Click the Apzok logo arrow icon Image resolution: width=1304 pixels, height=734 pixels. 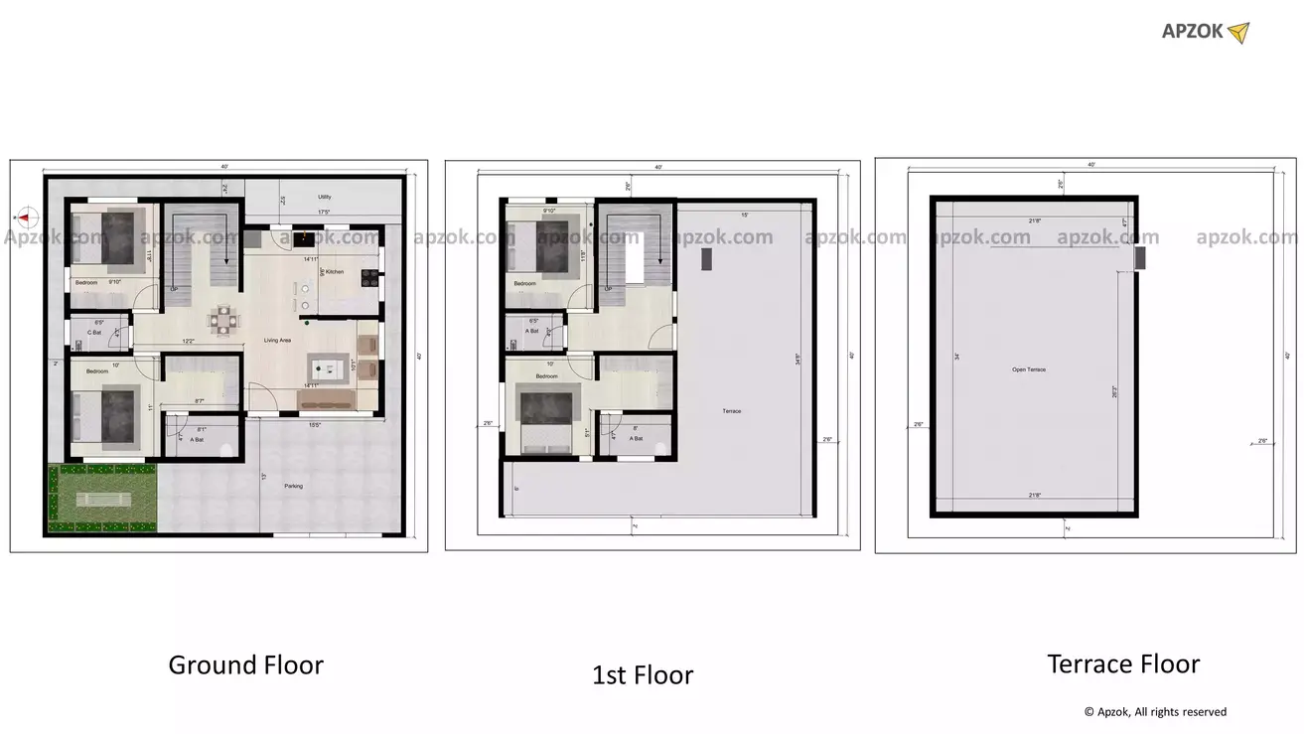tap(1238, 33)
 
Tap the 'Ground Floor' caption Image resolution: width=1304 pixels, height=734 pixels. tap(245, 664)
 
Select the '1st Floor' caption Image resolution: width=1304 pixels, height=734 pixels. tap(643, 675)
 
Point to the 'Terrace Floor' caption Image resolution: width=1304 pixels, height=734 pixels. tap(1123, 663)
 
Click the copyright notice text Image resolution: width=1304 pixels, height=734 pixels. tap(1155, 712)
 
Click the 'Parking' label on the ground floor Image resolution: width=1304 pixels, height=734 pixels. tap(293, 486)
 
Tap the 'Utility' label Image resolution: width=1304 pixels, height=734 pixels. tap(325, 197)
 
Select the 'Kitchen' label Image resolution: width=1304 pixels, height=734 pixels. tap(335, 271)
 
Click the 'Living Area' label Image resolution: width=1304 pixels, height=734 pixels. tap(277, 341)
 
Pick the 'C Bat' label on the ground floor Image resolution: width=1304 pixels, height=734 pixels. tap(94, 332)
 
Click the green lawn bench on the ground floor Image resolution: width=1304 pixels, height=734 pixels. tap(103, 500)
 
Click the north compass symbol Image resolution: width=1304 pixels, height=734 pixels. tap(27, 216)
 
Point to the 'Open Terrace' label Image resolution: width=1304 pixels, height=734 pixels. tap(1028, 369)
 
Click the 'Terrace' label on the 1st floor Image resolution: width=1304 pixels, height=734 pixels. tap(732, 411)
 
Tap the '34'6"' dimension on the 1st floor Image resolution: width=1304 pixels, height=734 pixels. tap(797, 362)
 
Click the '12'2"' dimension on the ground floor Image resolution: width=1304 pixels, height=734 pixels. tap(187, 342)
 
